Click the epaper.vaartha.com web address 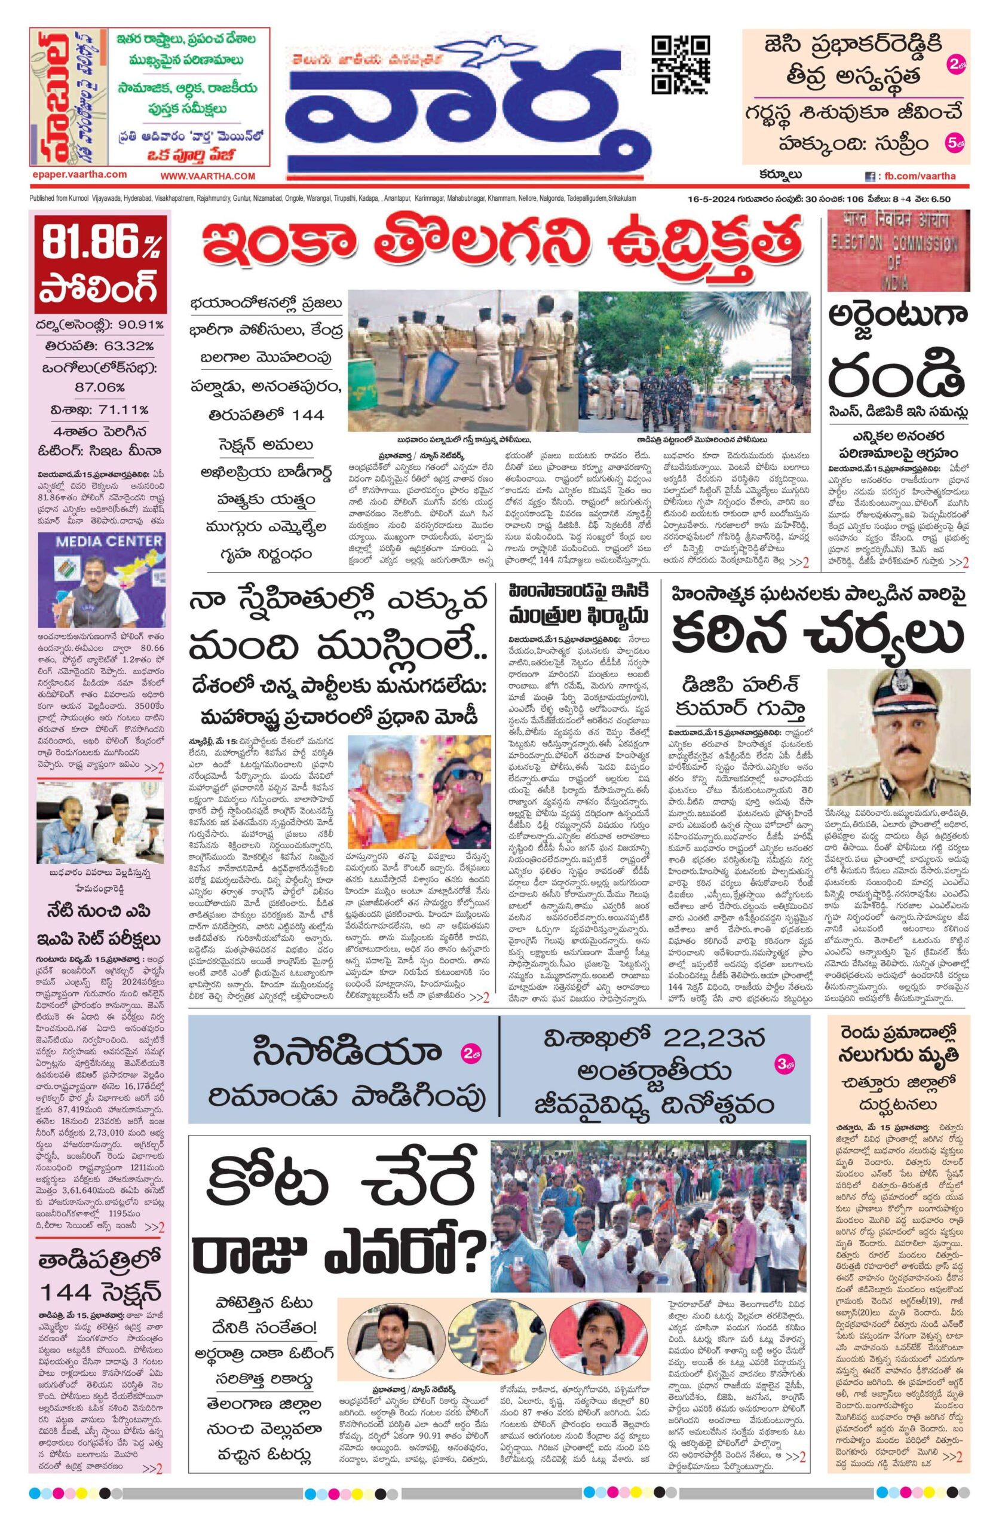click(78, 174)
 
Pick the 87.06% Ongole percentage click(100, 388)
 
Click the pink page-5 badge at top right click(955, 141)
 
